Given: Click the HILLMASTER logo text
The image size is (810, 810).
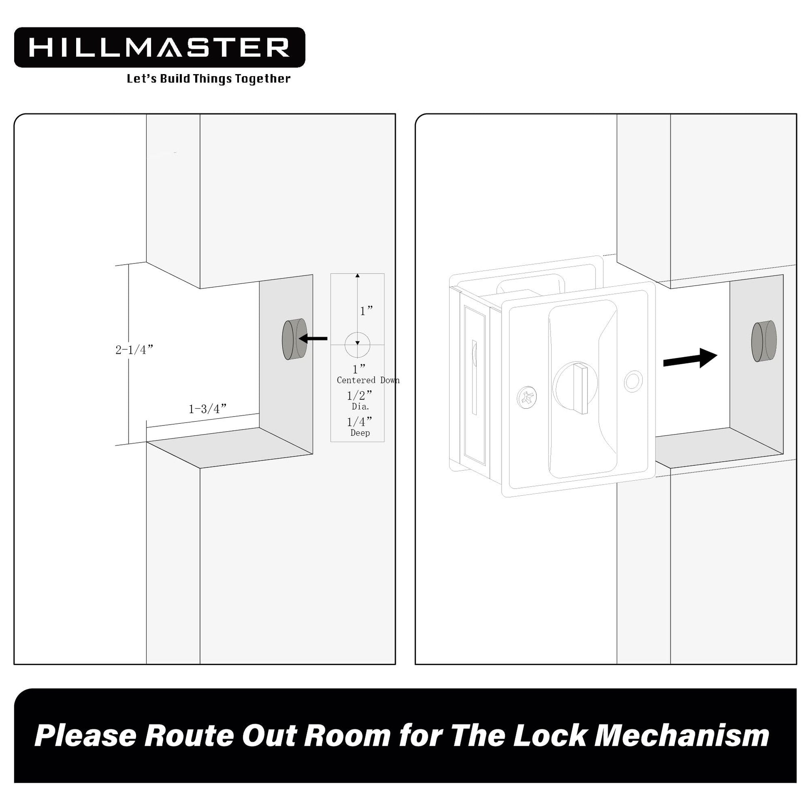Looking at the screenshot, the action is (159, 47).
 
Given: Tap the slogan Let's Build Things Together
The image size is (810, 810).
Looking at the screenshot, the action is (209, 79).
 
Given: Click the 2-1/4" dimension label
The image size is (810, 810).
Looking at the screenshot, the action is (134, 350).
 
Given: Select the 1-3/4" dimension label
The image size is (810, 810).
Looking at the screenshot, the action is (208, 408).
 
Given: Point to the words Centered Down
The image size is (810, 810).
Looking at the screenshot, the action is (368, 380).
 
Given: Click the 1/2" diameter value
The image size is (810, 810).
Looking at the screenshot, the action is (359, 395).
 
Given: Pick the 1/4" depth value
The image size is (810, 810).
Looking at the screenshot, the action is (359, 421).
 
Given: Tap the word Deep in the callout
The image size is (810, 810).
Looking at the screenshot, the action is (360, 433).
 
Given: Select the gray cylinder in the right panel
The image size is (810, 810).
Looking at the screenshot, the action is (763, 341).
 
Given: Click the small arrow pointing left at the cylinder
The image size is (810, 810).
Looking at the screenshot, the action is (312, 338).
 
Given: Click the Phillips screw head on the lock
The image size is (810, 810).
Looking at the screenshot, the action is (527, 397).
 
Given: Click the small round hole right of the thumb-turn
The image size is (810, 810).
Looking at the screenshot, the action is (633, 381).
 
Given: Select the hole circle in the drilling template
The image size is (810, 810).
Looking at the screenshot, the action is (357, 345).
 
